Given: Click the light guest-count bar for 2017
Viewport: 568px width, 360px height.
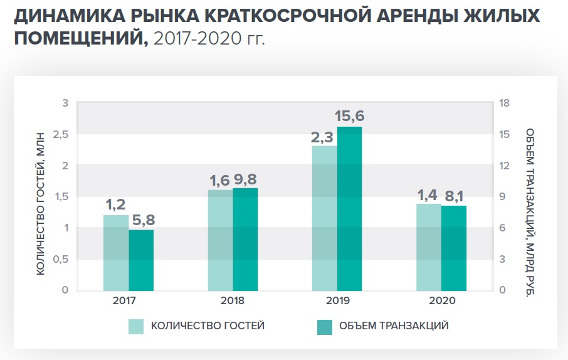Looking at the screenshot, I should coord(116,253).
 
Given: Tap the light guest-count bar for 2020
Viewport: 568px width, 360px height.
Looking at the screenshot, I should coord(429,247).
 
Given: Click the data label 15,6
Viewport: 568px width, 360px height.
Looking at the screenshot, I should coord(350,116).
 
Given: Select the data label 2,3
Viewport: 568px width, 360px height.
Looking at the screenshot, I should coord(323,136).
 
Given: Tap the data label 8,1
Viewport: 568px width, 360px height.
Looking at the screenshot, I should coord(454,196).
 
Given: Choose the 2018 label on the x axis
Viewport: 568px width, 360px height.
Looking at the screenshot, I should coord(233,300).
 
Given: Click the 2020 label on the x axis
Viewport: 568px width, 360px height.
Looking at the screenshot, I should coord(441,300).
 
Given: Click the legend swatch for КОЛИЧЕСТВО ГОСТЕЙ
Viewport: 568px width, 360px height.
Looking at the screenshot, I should coord(136,326).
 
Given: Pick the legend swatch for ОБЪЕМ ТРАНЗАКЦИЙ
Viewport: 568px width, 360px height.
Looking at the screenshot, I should coord(324,326).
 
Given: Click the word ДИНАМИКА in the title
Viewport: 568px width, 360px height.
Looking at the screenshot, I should coord(65,16).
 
